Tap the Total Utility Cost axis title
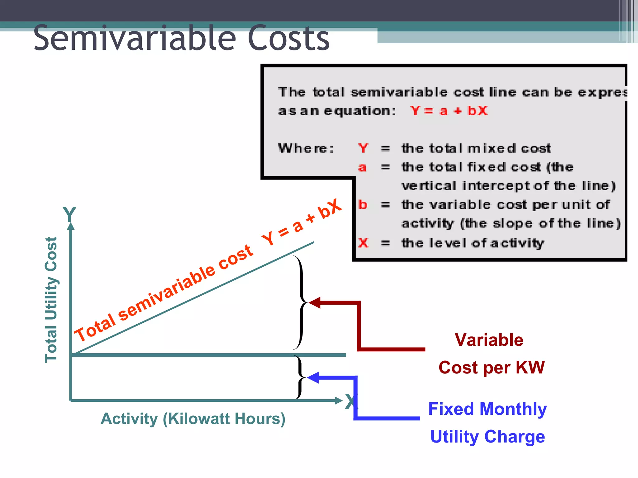51,299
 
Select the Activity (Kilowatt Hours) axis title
193,419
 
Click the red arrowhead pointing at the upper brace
315,302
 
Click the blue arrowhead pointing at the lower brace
313,377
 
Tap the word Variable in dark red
489,340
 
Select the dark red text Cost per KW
492,368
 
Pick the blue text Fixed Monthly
488,409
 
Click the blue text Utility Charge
488,437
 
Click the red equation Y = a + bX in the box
449,111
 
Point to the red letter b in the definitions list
363,205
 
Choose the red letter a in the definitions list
362,167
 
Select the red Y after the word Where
363,148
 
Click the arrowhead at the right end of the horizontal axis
339,401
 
